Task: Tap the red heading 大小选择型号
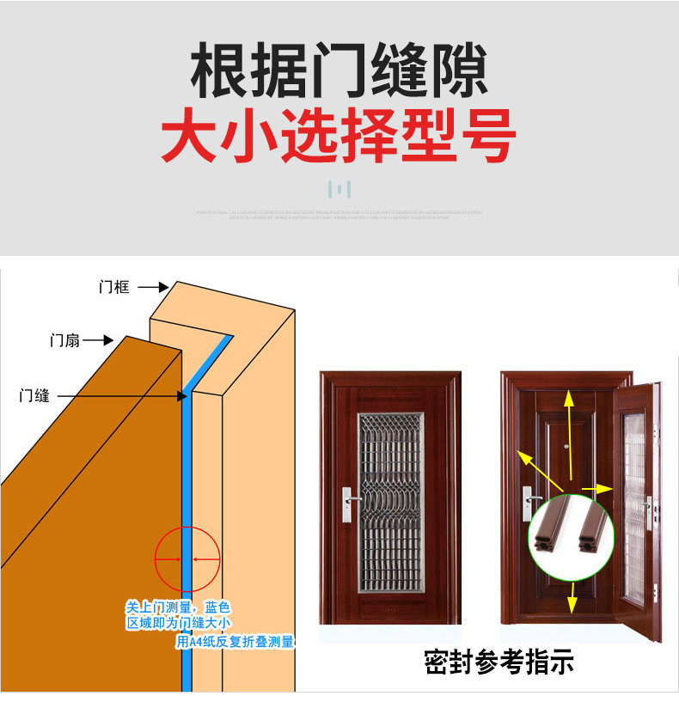[x=339, y=136]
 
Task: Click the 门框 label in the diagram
[x=113, y=287]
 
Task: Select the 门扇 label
[x=64, y=340]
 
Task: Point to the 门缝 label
[x=35, y=395]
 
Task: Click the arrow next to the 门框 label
[x=155, y=287]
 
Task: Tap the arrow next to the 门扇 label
[x=98, y=340]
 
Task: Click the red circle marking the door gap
[x=187, y=559]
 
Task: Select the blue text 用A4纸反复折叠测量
[x=235, y=641]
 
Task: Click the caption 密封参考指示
[x=499, y=662]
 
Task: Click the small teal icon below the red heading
[x=339, y=189]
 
